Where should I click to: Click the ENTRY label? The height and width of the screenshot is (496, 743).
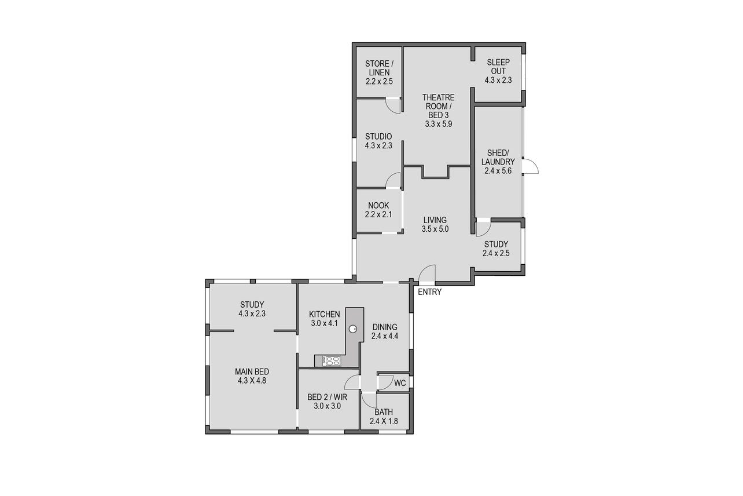tap(429, 292)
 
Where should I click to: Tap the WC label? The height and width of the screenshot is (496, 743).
tap(400, 383)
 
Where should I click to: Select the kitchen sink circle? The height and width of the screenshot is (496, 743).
tap(352, 329)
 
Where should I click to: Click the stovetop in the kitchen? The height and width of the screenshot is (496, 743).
tap(332, 361)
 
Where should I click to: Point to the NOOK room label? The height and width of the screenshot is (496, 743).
tap(378, 206)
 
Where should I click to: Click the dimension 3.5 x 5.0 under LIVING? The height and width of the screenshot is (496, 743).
tap(435, 229)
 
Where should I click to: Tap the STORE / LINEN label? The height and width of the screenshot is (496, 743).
tap(379, 68)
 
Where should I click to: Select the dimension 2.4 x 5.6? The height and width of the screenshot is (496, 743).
tap(498, 171)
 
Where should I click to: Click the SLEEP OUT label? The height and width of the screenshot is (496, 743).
tap(498, 67)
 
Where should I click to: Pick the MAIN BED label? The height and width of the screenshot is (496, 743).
tap(252, 372)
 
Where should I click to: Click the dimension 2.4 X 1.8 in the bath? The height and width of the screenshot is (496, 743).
tap(384, 421)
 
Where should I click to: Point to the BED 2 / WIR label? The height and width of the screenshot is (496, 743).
tap(327, 397)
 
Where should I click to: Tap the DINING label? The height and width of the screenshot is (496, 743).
tap(385, 327)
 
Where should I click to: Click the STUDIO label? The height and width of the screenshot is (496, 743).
tap(378, 137)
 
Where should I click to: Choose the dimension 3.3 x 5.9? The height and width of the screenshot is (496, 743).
tap(439, 124)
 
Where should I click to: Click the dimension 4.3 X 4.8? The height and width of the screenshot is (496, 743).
tap(252, 381)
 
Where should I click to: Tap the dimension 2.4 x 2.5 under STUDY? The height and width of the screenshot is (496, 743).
tap(496, 253)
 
